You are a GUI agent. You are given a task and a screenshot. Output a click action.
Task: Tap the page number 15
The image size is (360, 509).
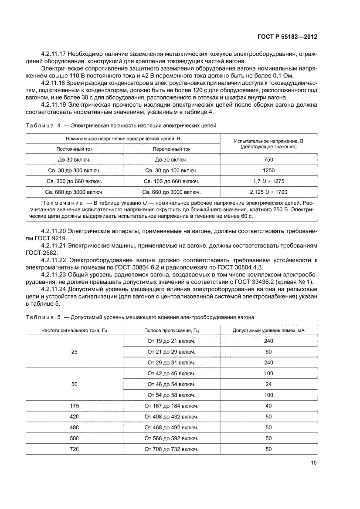pos(313,463)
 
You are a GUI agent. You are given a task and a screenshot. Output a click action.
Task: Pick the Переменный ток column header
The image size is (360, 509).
pos(171,148)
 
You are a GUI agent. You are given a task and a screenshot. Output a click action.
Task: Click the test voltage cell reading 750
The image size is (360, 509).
pos(268,160)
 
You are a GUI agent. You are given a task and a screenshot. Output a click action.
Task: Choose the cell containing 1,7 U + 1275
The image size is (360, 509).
pos(268,181)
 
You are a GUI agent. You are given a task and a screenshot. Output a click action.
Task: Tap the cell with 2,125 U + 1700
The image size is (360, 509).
pos(268,192)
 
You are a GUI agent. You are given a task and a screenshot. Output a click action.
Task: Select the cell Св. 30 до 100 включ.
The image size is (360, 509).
pos(171,170)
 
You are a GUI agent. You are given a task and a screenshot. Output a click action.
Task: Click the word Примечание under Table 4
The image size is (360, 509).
pos(59,203)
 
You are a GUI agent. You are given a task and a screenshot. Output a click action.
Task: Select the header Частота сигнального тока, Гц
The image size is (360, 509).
pos(74,330)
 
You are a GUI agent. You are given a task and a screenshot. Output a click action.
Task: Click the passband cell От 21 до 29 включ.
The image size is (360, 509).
pos(171,351)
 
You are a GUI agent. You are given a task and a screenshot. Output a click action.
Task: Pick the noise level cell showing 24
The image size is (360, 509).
pos(268,384)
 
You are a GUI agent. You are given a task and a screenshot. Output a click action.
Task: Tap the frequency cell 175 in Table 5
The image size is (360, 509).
pos(74,406)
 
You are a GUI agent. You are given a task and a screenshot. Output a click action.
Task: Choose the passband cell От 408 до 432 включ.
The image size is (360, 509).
pos(171,417)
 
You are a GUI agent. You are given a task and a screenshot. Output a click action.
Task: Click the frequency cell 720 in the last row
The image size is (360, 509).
pos(74,449)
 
